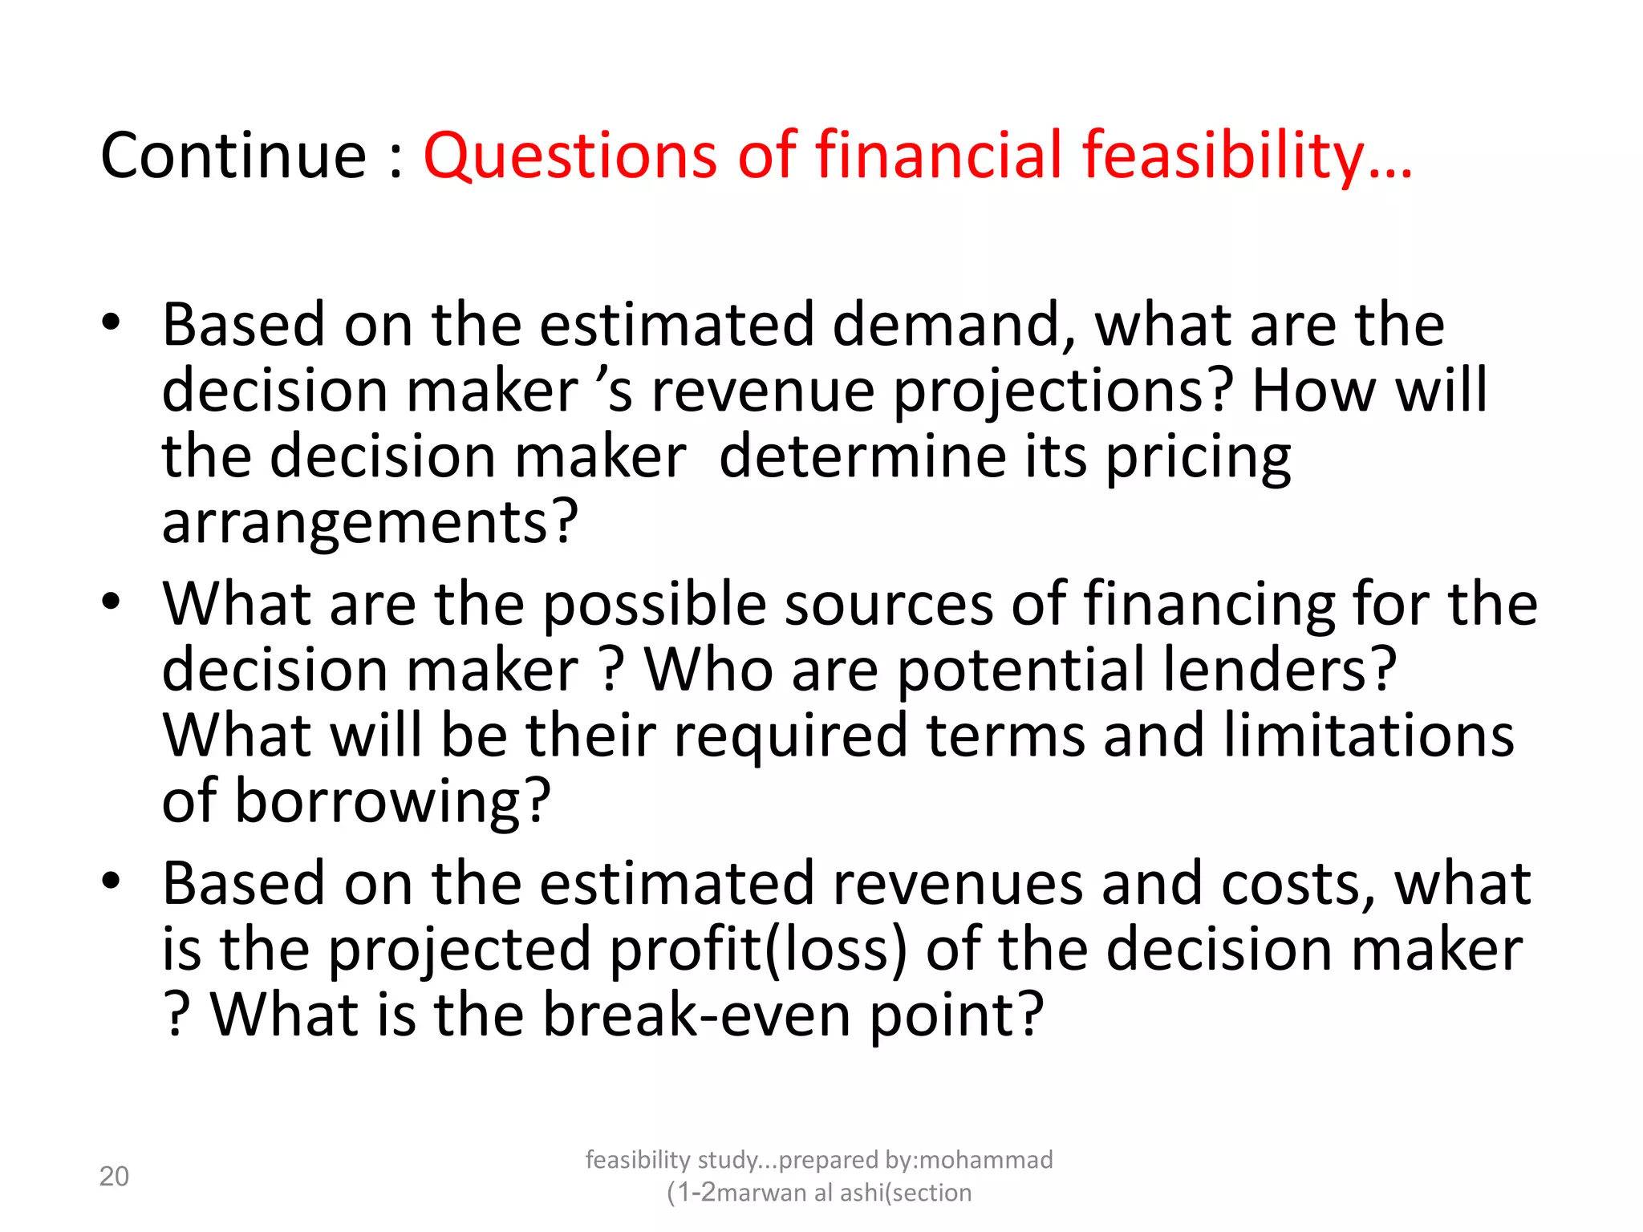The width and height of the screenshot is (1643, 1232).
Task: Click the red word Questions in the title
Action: click(x=570, y=156)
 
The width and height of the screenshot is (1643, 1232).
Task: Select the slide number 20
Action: click(x=114, y=1177)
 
